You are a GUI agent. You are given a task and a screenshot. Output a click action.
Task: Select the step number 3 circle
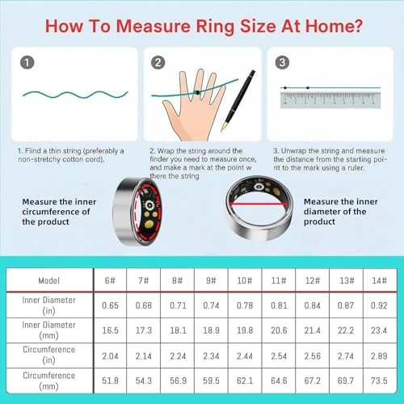[284, 61]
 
